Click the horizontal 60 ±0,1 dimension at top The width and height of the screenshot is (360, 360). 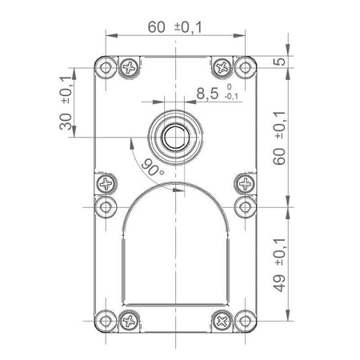click(175, 27)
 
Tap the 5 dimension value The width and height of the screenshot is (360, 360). click(279, 62)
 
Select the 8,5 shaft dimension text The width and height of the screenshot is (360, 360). click(207, 94)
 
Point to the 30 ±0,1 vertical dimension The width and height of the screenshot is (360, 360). click(66, 103)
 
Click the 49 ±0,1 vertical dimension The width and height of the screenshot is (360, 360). click(279, 265)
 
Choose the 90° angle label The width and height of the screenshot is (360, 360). click(153, 167)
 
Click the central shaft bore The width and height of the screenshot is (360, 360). click(175, 137)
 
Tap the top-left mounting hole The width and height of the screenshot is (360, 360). click(106, 68)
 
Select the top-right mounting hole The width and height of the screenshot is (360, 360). click(245, 68)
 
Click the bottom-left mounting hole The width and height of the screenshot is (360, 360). click(106, 321)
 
